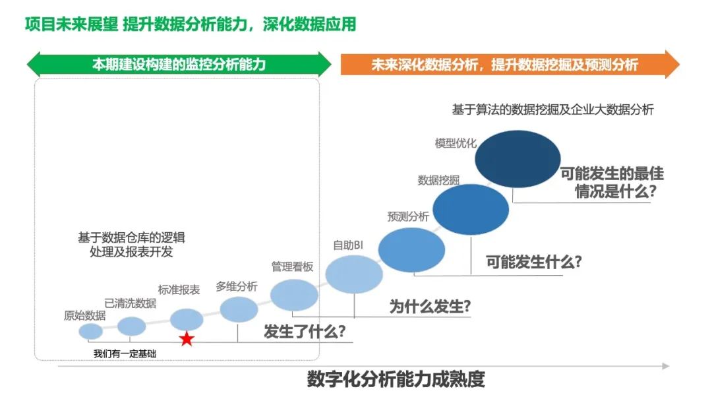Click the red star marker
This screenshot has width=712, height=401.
tap(187, 339)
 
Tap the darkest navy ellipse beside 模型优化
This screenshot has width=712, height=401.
tap(518, 159)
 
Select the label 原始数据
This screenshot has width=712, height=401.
tap(84, 315)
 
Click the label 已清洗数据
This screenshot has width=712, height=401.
tap(131, 303)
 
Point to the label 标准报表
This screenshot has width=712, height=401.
tap(179, 290)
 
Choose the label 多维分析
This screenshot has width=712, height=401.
tap(237, 286)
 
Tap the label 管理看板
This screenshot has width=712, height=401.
tap(292, 266)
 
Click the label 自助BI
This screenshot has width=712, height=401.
tap(348, 245)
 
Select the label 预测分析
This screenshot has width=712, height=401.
tap(408, 216)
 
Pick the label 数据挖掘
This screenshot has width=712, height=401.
tap(439, 180)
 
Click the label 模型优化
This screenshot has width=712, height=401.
tap(456, 142)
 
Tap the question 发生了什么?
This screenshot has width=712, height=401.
tap(305, 331)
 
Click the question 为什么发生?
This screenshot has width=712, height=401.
tap(430, 307)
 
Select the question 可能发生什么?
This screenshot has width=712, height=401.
tap(534, 262)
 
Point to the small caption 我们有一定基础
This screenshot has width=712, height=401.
tap(125, 354)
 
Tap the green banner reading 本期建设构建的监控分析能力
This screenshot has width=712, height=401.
tap(179, 65)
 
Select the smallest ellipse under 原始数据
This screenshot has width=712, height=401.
tap(91, 331)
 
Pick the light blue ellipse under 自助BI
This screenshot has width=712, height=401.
tap(355, 274)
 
